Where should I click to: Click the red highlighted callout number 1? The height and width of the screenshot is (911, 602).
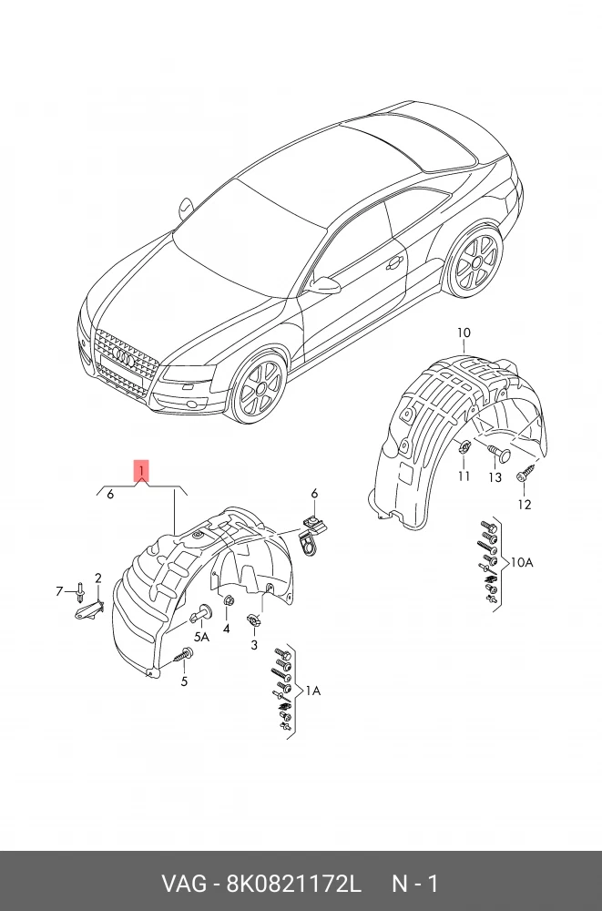[141, 471]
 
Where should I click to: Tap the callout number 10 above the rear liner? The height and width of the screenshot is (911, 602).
[464, 333]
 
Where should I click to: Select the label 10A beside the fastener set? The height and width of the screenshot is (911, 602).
[521, 562]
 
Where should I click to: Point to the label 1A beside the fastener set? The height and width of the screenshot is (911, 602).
[311, 691]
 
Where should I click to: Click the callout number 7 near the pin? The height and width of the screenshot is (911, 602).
[60, 592]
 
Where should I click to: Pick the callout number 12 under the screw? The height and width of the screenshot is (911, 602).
[524, 505]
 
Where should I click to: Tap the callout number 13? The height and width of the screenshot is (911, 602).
[495, 477]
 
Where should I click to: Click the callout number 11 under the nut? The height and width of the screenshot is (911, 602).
[464, 476]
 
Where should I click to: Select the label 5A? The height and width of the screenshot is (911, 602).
[199, 638]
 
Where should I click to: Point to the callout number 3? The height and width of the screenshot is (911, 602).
[254, 646]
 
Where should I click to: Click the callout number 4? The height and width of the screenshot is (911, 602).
[226, 629]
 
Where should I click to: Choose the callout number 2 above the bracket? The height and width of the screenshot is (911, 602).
[97, 578]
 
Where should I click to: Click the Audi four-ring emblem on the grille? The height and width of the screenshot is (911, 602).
[125, 361]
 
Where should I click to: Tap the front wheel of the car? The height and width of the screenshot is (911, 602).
[258, 388]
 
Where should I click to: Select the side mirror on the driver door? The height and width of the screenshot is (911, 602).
[324, 285]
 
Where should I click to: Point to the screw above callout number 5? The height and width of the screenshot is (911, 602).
[185, 653]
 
